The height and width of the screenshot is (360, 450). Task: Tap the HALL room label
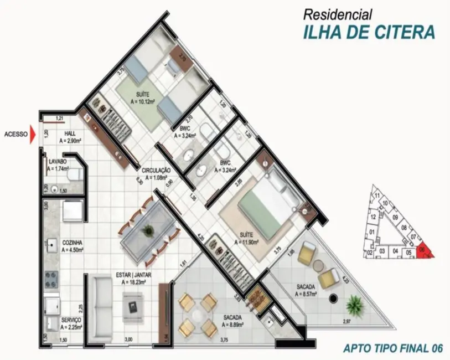pos(70,133)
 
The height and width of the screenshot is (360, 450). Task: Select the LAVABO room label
pos(58,161)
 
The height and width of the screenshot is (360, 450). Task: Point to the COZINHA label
pos(73,243)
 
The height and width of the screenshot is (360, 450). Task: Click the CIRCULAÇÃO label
pos(156,170)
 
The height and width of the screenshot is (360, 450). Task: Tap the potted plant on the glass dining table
pos(148,229)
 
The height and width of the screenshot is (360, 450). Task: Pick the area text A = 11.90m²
pos(247,243)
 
